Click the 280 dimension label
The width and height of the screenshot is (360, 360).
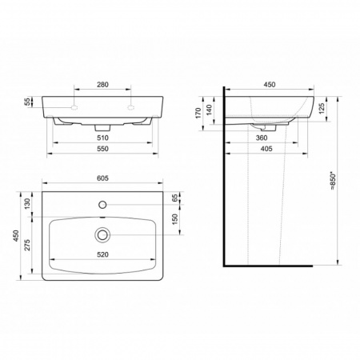point(102,85)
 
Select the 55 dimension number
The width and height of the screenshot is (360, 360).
point(28,102)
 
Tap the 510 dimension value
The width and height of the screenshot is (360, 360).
point(102,138)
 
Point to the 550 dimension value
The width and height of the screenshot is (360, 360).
point(102,149)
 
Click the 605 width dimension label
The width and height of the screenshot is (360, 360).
point(102,178)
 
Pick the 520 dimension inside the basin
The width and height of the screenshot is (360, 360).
point(102,254)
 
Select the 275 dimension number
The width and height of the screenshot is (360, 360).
point(28,245)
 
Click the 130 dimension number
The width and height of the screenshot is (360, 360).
point(28,204)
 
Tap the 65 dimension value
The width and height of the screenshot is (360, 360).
point(175,198)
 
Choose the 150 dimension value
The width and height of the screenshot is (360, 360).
point(175,219)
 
